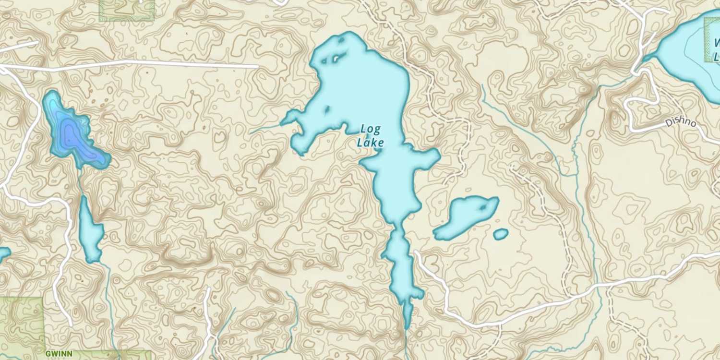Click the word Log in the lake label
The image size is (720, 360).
[370, 129]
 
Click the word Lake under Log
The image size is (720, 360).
[370, 143]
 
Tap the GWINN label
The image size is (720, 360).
[59, 354]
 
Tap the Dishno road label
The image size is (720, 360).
[680, 123]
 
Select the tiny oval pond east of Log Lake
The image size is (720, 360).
[501, 234]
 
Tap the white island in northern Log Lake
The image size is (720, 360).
[335, 59]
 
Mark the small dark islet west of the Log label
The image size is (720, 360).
[327, 110]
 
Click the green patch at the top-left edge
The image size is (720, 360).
[127, 10]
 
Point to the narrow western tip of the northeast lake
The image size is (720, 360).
[648, 58]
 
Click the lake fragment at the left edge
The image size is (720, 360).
[3, 253]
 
